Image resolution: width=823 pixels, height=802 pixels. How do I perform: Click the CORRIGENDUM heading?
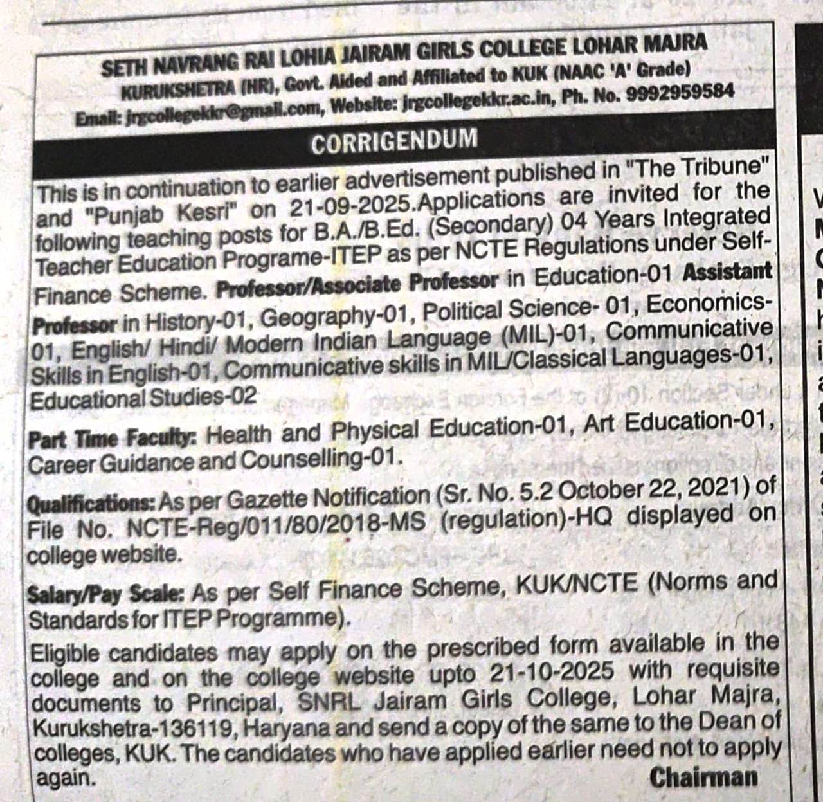(x=394, y=141)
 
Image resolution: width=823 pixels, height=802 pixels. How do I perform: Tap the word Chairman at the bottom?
(x=703, y=778)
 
